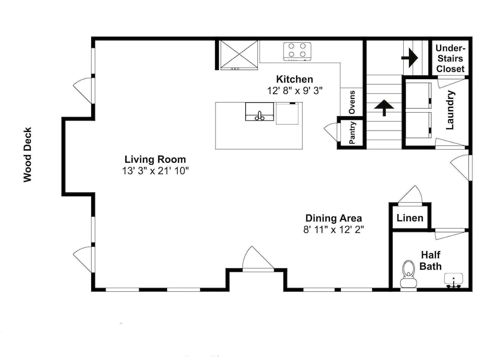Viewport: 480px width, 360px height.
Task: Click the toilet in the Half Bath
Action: [x=408, y=274]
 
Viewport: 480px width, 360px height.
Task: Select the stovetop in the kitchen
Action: [x=297, y=51]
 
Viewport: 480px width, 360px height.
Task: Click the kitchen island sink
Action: [x=260, y=112]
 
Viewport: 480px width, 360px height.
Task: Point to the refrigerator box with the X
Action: [x=239, y=55]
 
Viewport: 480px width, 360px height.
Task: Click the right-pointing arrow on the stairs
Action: [x=410, y=58]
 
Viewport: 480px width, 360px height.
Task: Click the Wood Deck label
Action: [x=27, y=155]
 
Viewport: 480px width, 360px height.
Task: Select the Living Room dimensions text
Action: [x=156, y=171]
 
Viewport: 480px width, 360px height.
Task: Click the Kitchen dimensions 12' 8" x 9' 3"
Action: [x=295, y=91]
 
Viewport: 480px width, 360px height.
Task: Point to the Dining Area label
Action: [x=334, y=218]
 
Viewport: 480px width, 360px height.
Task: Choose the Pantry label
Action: [x=352, y=132]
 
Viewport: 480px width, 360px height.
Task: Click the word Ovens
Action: [x=352, y=102]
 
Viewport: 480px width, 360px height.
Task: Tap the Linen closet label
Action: [x=410, y=218]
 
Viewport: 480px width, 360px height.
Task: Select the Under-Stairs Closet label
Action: [x=450, y=59]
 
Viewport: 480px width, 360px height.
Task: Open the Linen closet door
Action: [x=410, y=196]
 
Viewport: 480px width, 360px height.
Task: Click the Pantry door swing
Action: [x=331, y=132]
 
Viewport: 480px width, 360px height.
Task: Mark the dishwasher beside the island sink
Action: [x=288, y=113]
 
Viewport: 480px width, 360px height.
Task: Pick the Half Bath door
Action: [x=451, y=234]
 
